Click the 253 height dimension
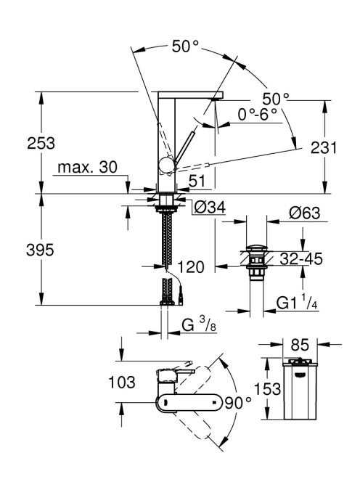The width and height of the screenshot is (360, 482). click(x=41, y=143)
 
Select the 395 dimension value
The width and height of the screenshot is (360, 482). click(x=40, y=250)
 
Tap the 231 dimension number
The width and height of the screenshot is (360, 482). click(x=324, y=147)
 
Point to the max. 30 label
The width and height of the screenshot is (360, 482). click(x=88, y=167)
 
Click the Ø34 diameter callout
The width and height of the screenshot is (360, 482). click(x=210, y=207)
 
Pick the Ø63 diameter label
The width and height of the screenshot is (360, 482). click(x=304, y=213)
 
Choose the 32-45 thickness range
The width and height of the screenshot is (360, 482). click(x=301, y=258)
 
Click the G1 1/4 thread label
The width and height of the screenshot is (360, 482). click(x=297, y=303)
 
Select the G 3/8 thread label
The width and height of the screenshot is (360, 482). click(x=199, y=325)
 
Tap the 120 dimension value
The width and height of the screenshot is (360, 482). click(x=191, y=267)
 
